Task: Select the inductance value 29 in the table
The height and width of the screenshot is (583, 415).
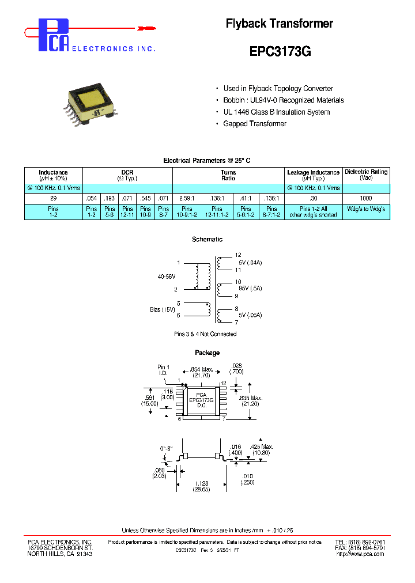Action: tap(53, 198)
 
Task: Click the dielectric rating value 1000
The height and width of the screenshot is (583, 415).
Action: tap(366, 198)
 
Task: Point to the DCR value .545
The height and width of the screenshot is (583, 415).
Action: tap(145, 198)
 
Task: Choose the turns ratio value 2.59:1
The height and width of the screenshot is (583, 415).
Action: tap(187, 198)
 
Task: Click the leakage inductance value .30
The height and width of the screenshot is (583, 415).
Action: tap(313, 198)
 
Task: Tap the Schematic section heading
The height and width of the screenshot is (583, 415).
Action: tap(207, 239)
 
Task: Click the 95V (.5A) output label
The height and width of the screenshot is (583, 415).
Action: tap(250, 289)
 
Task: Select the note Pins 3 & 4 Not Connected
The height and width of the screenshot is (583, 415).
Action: tap(205, 334)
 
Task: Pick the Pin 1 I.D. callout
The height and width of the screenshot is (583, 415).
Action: tap(164, 370)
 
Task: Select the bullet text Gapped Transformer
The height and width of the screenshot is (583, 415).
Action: tap(255, 124)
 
